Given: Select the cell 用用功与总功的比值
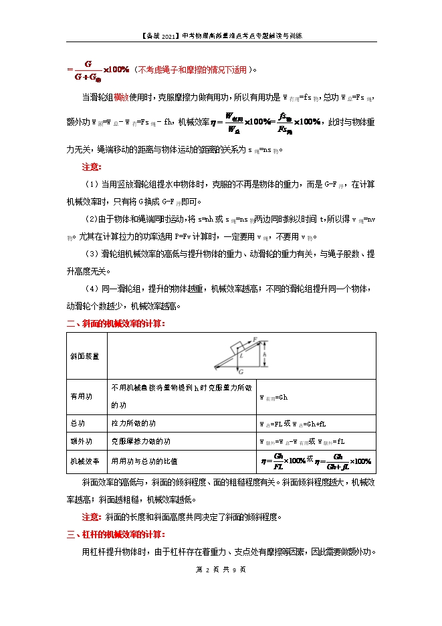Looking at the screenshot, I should point(144,461).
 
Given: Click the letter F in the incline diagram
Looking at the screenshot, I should point(255,340).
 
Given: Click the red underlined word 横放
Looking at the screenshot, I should point(121,97).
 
